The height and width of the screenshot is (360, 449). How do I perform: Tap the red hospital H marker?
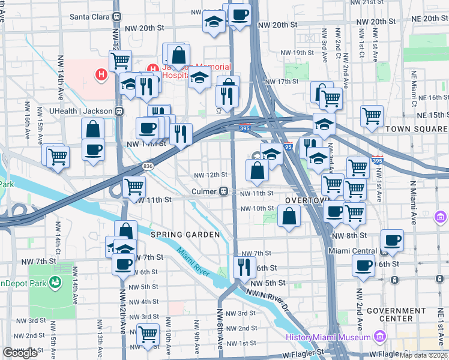pyautogui.click(x=101, y=75)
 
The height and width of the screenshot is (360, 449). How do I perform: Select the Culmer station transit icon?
pyautogui.click(x=223, y=191)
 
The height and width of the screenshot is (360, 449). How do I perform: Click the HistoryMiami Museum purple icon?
pyautogui.click(x=379, y=337)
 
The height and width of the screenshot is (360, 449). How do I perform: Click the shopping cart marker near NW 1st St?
pyautogui.click(x=147, y=335)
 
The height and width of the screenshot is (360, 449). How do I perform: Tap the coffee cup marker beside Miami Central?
pyautogui.click(x=392, y=241)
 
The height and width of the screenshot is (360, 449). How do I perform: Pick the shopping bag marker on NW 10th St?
pyautogui.click(x=289, y=216)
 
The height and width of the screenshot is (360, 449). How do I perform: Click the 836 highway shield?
pyautogui.click(x=148, y=166)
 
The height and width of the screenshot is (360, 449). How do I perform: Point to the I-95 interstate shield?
pyautogui.click(x=288, y=146)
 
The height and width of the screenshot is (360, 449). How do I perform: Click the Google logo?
pyautogui.click(x=20, y=353)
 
